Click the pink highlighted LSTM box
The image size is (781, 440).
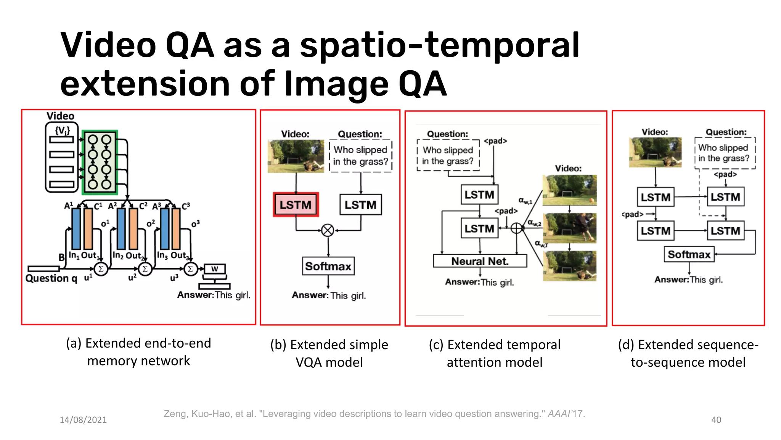click(x=296, y=205)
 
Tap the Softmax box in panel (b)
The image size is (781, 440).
click(x=328, y=266)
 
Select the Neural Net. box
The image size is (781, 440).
click(x=480, y=261)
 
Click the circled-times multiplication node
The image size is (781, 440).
click(x=328, y=230)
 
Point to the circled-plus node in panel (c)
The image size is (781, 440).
click(x=516, y=228)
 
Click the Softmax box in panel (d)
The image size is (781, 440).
click(x=689, y=254)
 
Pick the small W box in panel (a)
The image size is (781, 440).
click(x=215, y=269)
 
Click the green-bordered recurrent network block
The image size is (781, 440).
click(x=100, y=162)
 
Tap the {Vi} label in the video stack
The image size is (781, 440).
click(x=62, y=131)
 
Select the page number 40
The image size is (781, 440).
click(x=716, y=420)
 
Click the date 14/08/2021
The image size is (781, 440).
click(x=83, y=420)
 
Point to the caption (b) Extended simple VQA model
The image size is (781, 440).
click(x=329, y=353)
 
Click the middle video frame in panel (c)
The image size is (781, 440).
click(x=569, y=228)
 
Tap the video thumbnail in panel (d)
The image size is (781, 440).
click(x=655, y=152)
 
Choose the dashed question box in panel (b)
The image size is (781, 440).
click(x=360, y=156)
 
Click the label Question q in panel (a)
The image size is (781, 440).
click(x=51, y=278)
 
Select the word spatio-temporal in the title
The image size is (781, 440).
click(x=439, y=46)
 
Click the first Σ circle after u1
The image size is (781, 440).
click(x=101, y=269)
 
